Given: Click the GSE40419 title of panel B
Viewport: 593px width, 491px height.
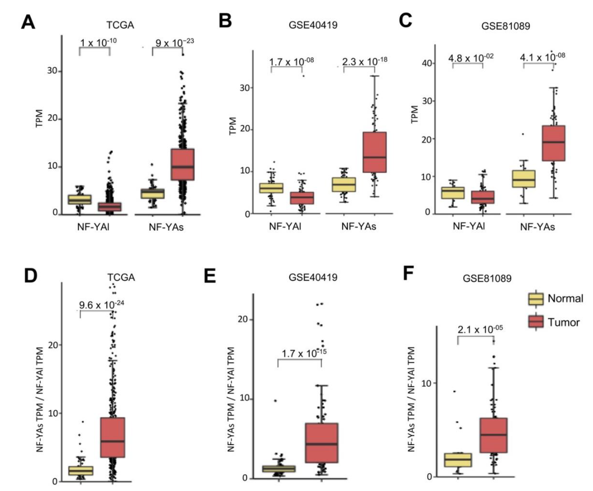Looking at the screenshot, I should (x=313, y=25).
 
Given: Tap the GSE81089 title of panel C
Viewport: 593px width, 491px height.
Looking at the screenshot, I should (x=506, y=26).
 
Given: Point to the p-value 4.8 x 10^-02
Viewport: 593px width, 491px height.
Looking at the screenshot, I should (x=471, y=58).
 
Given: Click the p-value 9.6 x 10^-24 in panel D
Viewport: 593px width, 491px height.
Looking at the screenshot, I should (x=101, y=305).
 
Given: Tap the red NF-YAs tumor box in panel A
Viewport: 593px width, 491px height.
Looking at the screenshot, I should (x=183, y=164).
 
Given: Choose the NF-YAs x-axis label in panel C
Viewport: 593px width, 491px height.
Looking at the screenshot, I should (x=537, y=227).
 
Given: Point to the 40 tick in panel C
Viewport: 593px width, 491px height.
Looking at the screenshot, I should (x=427, y=63).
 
